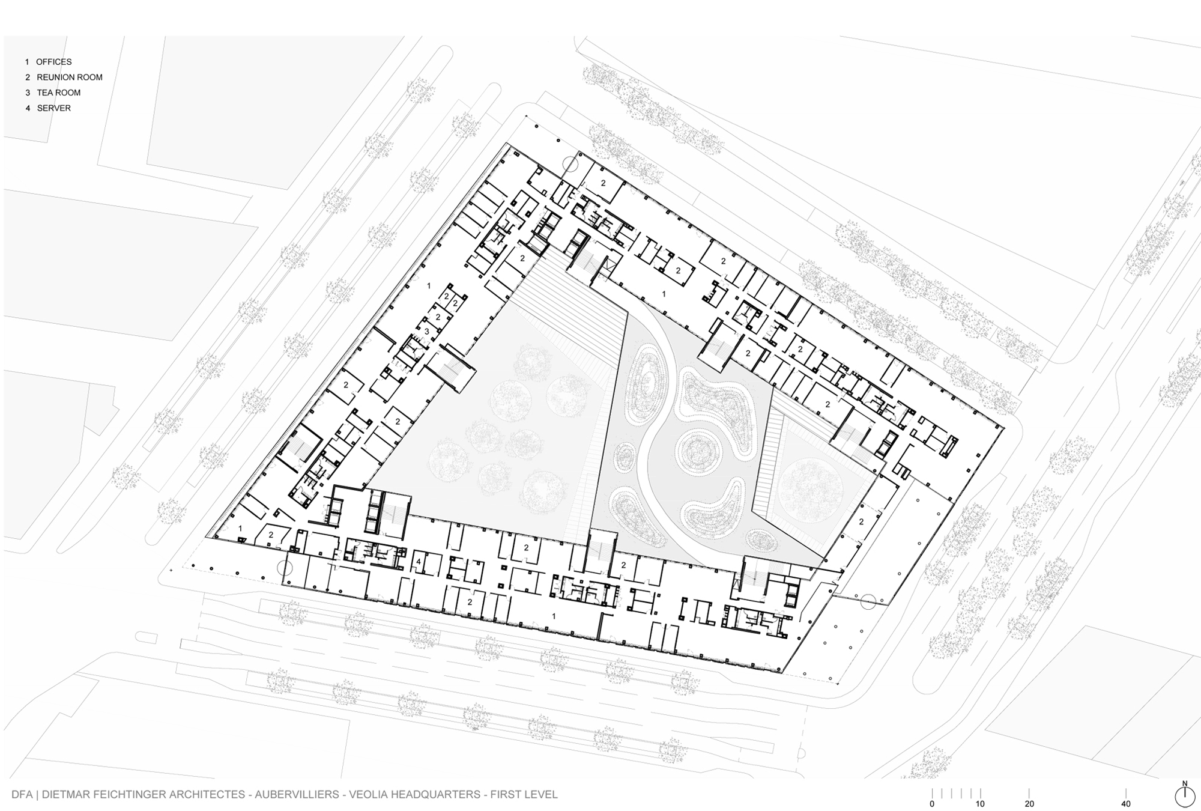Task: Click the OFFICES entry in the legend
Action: pyautogui.click(x=54, y=62)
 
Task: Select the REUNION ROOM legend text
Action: pyautogui.click(x=70, y=77)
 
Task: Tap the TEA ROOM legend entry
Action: pyautogui.click(x=59, y=93)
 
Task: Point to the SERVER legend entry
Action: pyautogui.click(x=54, y=109)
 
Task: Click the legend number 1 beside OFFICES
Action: pyautogui.click(x=27, y=62)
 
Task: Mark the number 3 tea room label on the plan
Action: pyautogui.click(x=427, y=332)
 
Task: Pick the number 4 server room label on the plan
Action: pyautogui.click(x=419, y=562)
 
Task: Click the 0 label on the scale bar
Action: pyautogui.click(x=932, y=804)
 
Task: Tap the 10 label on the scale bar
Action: pyautogui.click(x=980, y=804)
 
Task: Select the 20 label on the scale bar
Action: pyautogui.click(x=1029, y=804)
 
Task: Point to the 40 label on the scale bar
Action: pyautogui.click(x=1126, y=804)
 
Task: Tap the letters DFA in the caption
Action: pyautogui.click(x=22, y=795)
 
